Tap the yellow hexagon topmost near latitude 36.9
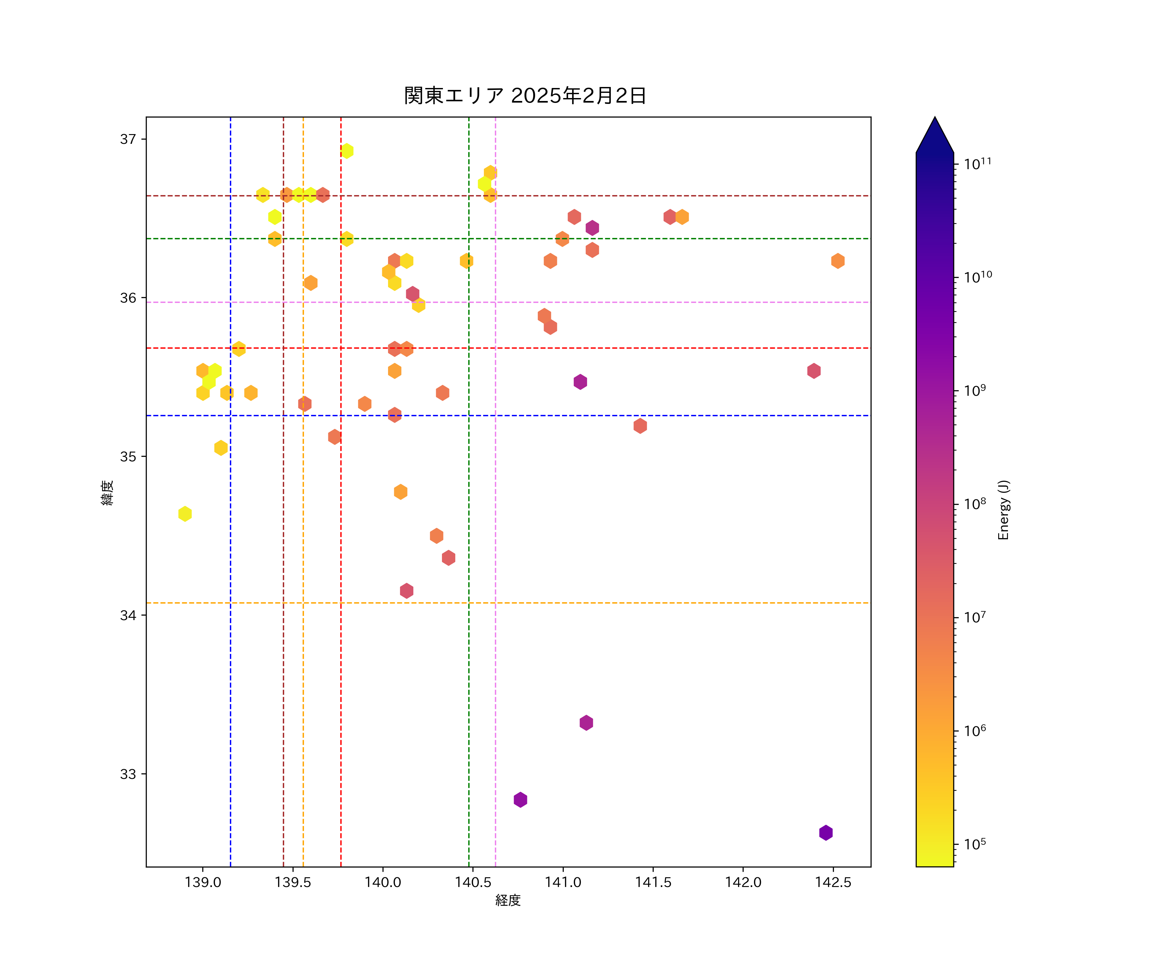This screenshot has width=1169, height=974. pos(347,151)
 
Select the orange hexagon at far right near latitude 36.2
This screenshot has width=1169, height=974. pos(838,261)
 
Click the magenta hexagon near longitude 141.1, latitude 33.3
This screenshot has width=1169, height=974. pos(586,723)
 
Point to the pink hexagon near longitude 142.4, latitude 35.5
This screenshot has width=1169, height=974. pos(814,371)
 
